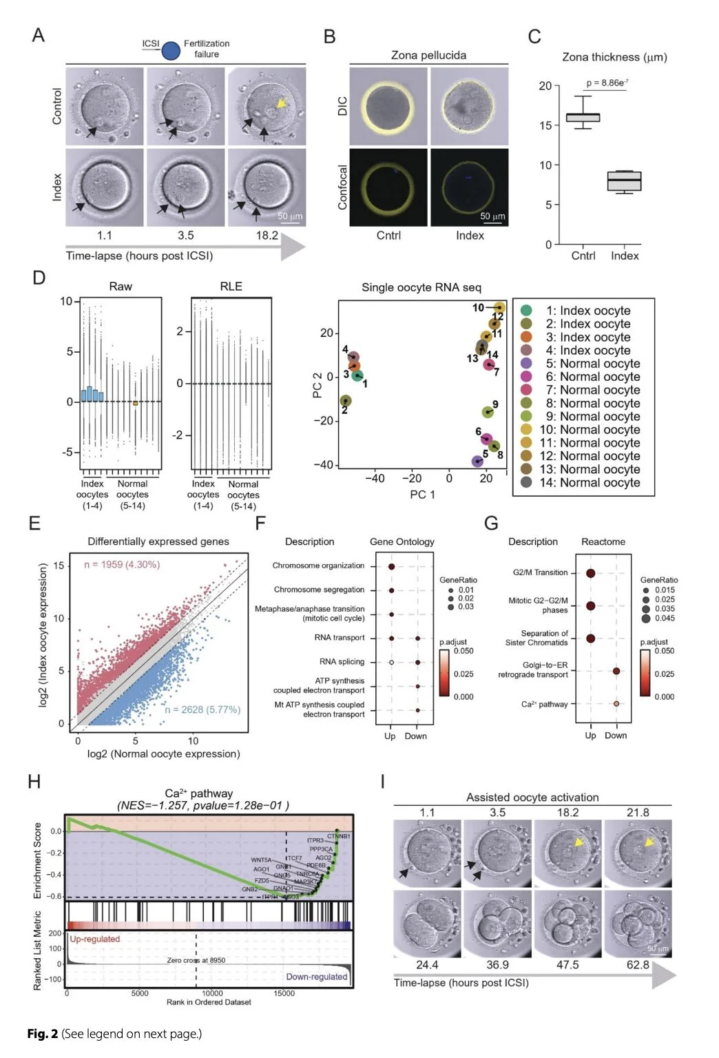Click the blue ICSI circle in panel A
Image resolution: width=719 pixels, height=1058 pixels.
click(x=171, y=50)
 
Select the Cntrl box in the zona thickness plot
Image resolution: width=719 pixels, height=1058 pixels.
click(x=583, y=117)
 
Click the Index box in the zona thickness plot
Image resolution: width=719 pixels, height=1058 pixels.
click(x=624, y=180)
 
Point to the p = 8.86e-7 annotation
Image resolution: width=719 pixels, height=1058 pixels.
click(x=607, y=83)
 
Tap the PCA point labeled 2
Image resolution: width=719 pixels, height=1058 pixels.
click(x=346, y=401)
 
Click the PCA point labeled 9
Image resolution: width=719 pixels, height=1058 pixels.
click(x=488, y=412)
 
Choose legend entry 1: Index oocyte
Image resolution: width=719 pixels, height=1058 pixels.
click(x=587, y=311)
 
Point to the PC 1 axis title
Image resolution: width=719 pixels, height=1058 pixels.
click(x=422, y=495)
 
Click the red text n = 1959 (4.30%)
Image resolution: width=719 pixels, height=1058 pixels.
click(x=122, y=565)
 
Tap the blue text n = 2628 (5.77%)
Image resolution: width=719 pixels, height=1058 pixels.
click(x=202, y=709)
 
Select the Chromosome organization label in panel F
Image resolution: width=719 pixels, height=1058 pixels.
click(x=318, y=566)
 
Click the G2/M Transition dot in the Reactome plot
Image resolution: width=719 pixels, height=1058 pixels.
click(x=590, y=573)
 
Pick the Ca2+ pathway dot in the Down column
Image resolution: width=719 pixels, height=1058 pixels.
click(x=616, y=704)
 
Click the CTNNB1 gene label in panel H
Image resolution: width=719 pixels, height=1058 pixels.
click(x=338, y=836)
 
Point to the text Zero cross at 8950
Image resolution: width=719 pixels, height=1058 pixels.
click(x=196, y=960)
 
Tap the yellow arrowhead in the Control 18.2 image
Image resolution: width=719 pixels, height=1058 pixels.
click(x=280, y=103)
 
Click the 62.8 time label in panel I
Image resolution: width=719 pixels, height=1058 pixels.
click(x=638, y=965)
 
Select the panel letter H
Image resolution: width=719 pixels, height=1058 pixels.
click(x=34, y=782)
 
